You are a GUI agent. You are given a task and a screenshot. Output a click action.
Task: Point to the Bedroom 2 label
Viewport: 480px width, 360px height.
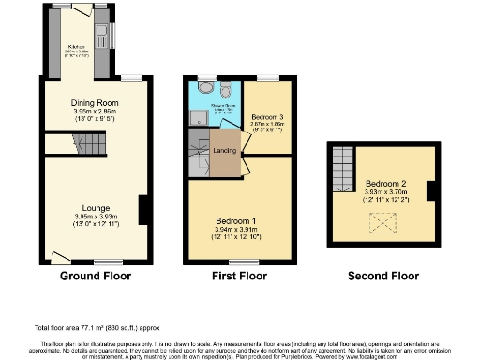(x=384, y=182)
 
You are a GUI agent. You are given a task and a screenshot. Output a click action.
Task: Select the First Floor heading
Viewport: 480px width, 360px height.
(x=238, y=277)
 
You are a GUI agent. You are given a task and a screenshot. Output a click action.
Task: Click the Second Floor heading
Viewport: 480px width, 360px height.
(x=382, y=277)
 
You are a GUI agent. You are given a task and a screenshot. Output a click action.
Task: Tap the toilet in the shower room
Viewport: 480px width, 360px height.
(x=226, y=90)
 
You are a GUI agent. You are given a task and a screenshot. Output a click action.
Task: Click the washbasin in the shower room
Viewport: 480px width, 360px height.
(x=204, y=91)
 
